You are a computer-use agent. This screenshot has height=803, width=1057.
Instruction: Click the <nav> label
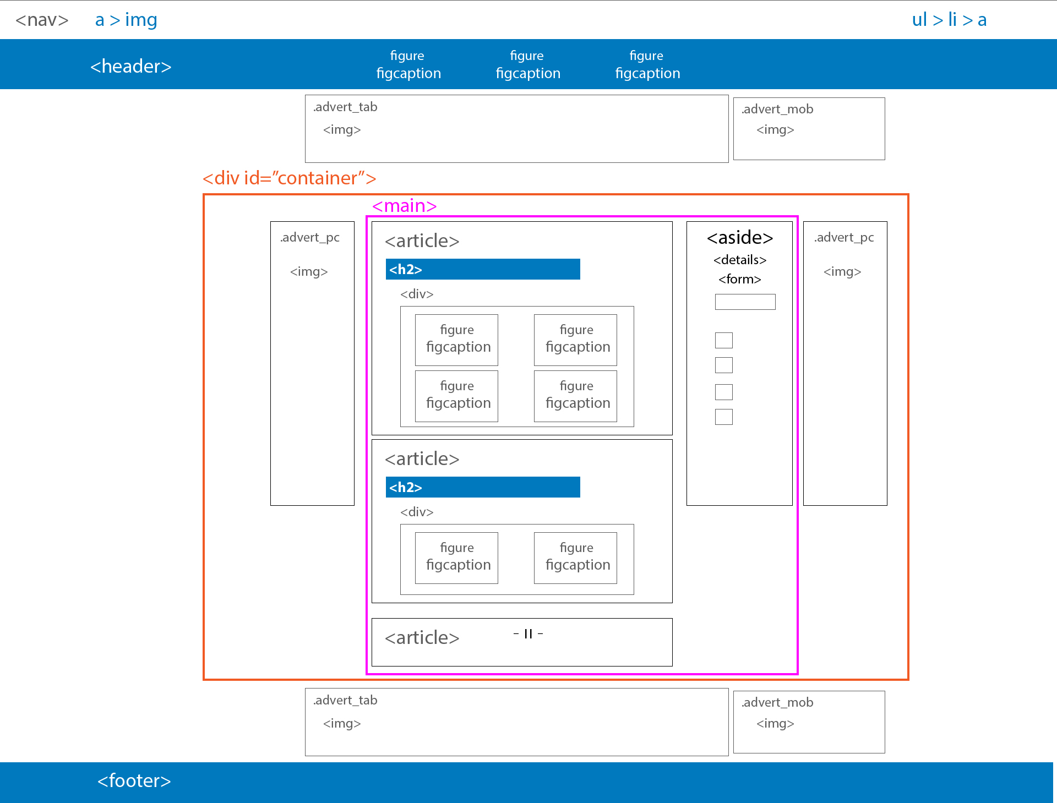tap(42, 20)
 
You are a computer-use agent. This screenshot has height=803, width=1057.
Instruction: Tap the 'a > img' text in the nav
tap(126, 20)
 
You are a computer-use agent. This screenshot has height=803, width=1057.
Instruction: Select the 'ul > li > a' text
tap(949, 20)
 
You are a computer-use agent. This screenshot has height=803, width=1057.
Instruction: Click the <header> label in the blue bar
tap(131, 66)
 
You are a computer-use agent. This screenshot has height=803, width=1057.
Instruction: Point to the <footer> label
tap(134, 780)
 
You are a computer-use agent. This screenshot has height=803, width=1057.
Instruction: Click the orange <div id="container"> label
tap(290, 178)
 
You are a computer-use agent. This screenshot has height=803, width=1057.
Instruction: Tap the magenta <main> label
tap(405, 205)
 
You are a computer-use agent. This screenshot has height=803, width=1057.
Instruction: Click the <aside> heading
tap(740, 237)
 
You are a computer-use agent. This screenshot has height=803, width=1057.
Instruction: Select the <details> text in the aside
tap(740, 260)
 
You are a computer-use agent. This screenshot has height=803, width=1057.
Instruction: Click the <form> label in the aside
tap(740, 279)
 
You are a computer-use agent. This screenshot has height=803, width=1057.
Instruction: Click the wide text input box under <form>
tap(745, 302)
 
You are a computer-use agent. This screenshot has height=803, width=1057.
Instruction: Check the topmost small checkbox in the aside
tap(724, 340)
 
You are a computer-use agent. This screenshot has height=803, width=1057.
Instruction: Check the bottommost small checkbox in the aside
tap(724, 417)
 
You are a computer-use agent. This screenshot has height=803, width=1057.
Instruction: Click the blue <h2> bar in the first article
tap(483, 269)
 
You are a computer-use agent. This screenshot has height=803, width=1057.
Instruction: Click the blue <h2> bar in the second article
tap(483, 487)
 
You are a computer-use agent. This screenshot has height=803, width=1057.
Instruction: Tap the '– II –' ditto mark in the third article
tap(528, 634)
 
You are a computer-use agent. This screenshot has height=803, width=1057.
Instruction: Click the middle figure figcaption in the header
tap(528, 64)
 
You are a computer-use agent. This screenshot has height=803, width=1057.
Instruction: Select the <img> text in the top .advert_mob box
tap(775, 129)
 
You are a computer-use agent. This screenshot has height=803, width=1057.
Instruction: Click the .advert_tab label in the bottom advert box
tap(345, 700)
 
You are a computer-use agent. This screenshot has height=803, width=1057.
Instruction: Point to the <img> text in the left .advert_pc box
tap(309, 271)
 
